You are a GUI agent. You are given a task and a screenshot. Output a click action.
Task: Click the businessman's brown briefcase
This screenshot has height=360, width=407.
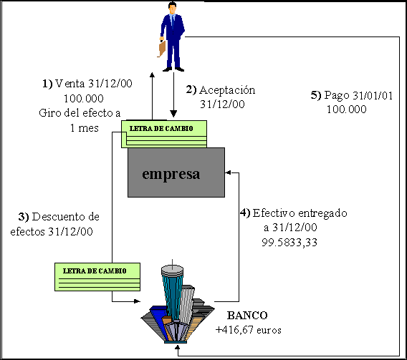point(162,49)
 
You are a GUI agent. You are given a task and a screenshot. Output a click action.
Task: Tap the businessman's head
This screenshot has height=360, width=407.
point(172,8)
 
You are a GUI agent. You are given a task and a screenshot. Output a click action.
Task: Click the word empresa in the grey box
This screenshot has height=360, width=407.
point(171,174)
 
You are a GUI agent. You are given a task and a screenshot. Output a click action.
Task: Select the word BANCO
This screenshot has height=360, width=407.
point(247,316)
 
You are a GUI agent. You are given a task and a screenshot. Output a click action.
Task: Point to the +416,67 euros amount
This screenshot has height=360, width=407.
point(249,330)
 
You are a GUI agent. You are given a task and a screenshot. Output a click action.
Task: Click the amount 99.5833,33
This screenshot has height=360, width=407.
point(289,243)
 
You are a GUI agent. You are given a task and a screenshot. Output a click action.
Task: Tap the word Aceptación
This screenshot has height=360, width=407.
point(227,90)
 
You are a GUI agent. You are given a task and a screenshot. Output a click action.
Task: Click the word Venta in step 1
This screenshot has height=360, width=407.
point(70,84)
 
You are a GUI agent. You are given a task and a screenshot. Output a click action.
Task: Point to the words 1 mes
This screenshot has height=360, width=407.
point(85,128)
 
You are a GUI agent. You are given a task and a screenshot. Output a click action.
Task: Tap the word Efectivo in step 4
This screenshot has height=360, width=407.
point(274,213)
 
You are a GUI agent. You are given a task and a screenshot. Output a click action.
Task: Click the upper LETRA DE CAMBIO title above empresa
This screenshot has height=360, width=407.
point(161,129)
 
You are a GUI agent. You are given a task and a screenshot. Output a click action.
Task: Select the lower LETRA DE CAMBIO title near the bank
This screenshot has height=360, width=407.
point(95,271)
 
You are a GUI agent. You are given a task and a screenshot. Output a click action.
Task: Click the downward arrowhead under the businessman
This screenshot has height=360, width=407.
point(173,114)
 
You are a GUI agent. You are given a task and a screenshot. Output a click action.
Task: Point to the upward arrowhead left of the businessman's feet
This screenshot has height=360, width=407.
point(152,74)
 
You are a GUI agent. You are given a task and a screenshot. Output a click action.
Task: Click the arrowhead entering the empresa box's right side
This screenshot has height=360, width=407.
point(228,172)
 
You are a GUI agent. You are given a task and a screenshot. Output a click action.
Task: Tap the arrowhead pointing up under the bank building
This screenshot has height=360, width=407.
point(178,347)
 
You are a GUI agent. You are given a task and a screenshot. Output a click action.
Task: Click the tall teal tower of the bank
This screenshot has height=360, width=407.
point(171,291)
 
